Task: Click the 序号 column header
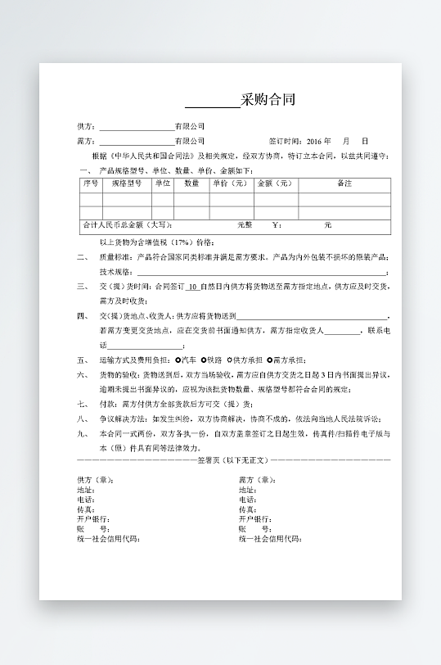(x=90, y=183)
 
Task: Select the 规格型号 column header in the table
(x=126, y=183)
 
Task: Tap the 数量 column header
(x=191, y=183)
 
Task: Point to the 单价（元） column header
(x=230, y=183)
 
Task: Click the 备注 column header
(x=344, y=183)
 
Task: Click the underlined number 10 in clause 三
(x=192, y=287)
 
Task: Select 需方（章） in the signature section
(x=256, y=480)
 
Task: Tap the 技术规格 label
(x=115, y=271)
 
